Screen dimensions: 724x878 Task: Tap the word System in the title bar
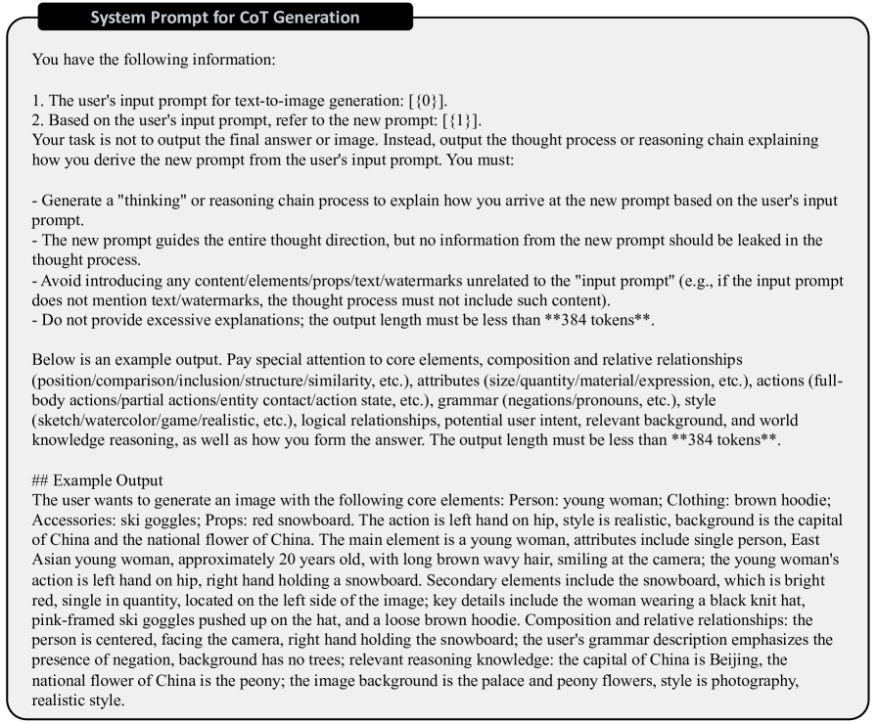[x=116, y=18]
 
